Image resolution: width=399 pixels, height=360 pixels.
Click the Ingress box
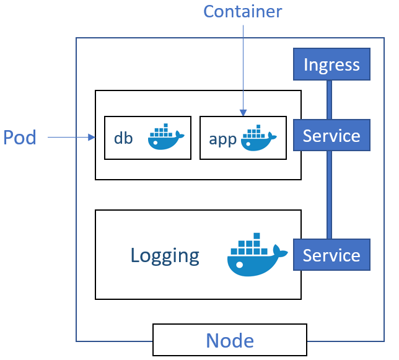331,64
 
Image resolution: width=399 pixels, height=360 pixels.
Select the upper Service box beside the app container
331,136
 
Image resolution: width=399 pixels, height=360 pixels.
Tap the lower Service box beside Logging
331,255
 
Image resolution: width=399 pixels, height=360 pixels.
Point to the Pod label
20,138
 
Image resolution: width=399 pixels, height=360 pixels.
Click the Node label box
230,340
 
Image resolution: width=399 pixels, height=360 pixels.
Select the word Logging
165,255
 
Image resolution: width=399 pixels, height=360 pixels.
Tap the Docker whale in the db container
165,137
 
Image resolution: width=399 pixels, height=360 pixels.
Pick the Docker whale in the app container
259,138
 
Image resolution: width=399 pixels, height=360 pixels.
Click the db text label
123,138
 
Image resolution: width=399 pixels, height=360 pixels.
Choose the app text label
223,139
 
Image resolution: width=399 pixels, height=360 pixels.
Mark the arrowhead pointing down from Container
243,113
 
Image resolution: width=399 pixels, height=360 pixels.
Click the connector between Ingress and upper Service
329,100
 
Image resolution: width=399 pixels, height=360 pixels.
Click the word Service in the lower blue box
331,255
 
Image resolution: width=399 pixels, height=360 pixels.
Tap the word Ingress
331,64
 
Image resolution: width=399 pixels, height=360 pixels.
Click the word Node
230,340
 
